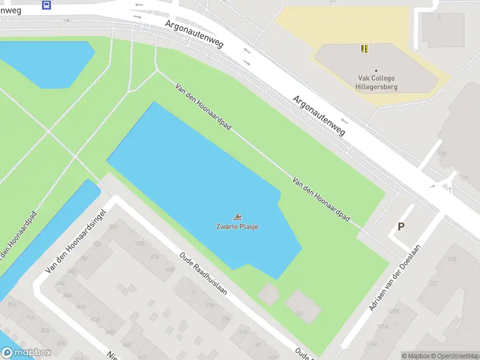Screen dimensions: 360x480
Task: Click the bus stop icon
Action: click(47, 5)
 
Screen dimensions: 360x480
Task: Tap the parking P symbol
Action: click(401, 227)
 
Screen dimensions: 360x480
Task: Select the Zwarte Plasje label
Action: click(238, 226)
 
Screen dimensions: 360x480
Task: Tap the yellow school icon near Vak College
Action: click(364, 49)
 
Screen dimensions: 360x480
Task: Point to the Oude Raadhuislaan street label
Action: click(203, 273)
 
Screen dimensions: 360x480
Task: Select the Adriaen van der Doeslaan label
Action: click(395, 278)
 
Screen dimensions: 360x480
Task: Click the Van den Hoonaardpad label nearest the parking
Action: click(321, 197)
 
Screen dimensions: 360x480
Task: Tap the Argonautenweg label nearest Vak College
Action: click(319, 115)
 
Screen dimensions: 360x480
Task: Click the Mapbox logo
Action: click(26, 353)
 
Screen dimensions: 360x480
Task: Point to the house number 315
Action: click(451, 259)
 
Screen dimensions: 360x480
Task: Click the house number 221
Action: click(433, 284)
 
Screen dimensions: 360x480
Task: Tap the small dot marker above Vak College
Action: click(376, 71)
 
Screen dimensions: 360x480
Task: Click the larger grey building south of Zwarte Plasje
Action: click(303, 306)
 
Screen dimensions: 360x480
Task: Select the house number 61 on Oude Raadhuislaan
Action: click(194, 291)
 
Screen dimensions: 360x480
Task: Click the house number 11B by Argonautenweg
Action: click(442, 154)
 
